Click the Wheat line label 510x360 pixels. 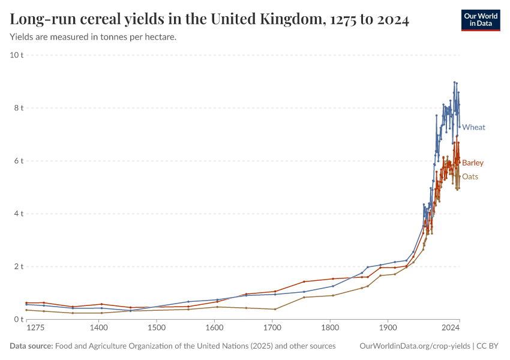coord(473,127)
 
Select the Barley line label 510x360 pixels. coord(472,163)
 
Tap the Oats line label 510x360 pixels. coord(470,176)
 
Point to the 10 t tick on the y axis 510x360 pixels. coord(16,55)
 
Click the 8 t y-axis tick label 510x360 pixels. coord(18,108)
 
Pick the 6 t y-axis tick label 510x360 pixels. coord(18,161)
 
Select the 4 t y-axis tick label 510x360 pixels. coord(18,214)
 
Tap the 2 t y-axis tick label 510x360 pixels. coord(18,266)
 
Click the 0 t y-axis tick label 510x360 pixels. coord(18,319)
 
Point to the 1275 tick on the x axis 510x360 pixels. coord(35,328)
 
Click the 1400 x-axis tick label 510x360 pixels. coord(99,328)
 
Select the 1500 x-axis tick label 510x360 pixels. coord(157,328)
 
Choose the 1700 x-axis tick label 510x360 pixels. coord(272,328)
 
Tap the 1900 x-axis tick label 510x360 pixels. coord(388,328)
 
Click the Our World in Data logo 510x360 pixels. coord(480,20)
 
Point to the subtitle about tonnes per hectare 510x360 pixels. coord(93,37)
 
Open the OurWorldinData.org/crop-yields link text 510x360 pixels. coord(415,346)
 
